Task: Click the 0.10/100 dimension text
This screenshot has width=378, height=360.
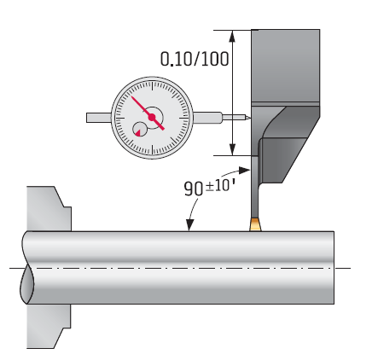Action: (x=195, y=59)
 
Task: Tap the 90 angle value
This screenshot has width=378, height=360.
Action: (x=194, y=189)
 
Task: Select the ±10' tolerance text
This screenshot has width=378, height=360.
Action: (x=221, y=185)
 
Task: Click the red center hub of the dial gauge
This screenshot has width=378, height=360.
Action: (x=152, y=117)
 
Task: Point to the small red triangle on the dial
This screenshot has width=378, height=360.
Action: (x=138, y=133)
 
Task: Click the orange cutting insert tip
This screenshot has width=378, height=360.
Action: (x=255, y=224)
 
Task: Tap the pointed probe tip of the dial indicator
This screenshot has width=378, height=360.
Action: (x=248, y=117)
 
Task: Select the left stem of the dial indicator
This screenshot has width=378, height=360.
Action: (x=99, y=118)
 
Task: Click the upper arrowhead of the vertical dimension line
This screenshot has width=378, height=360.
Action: (x=233, y=36)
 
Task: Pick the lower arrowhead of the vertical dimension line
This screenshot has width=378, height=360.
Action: (x=233, y=149)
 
